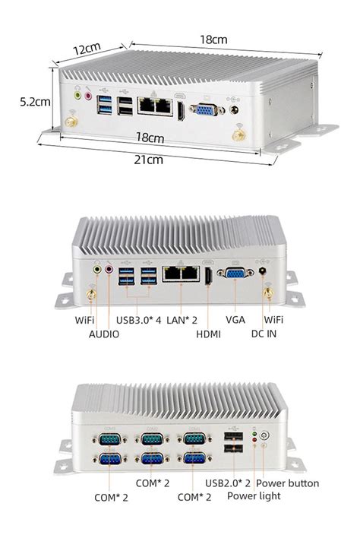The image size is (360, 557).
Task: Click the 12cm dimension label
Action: [87, 48]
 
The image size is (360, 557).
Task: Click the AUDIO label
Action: [104, 334]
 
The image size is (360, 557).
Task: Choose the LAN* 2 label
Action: [182, 320]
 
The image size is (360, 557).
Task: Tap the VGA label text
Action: [235, 320]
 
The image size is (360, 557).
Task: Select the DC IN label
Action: [267, 334]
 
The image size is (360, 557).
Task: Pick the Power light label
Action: [254, 496]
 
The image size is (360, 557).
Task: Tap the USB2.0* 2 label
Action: [229, 483]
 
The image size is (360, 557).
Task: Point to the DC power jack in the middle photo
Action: [264, 270]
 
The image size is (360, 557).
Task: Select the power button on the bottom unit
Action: [264, 438]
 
